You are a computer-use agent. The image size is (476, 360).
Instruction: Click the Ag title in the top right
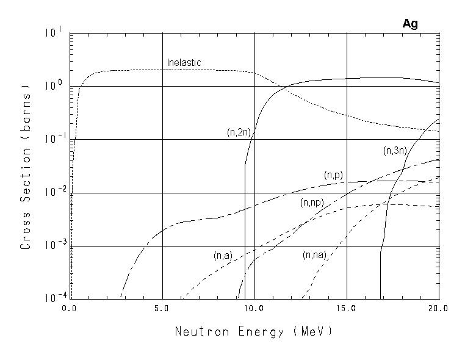click(410, 24)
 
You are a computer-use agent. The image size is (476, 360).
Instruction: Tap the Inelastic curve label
click(184, 63)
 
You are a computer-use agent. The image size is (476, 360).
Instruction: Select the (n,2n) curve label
click(235, 132)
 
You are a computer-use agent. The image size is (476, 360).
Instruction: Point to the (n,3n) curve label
click(394, 150)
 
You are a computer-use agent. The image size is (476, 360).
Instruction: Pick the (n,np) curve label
click(311, 203)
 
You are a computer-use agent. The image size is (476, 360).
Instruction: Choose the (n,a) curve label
click(223, 256)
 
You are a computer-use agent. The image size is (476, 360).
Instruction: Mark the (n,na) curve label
click(314, 255)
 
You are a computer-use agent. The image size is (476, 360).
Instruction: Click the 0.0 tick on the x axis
click(69, 309)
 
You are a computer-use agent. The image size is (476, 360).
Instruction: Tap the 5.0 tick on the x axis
click(162, 309)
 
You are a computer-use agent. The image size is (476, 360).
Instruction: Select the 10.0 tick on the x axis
click(254, 309)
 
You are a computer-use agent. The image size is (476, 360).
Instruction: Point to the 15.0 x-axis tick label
click(346, 309)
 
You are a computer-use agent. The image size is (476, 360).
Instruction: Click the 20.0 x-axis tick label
click(438, 309)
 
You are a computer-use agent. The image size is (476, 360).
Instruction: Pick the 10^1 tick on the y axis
click(53, 32)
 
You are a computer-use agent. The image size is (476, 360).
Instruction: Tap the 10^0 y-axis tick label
click(53, 85)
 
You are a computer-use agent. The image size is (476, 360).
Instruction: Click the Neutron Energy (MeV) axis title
click(254, 332)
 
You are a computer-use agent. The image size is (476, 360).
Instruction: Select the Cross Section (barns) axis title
click(26, 165)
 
